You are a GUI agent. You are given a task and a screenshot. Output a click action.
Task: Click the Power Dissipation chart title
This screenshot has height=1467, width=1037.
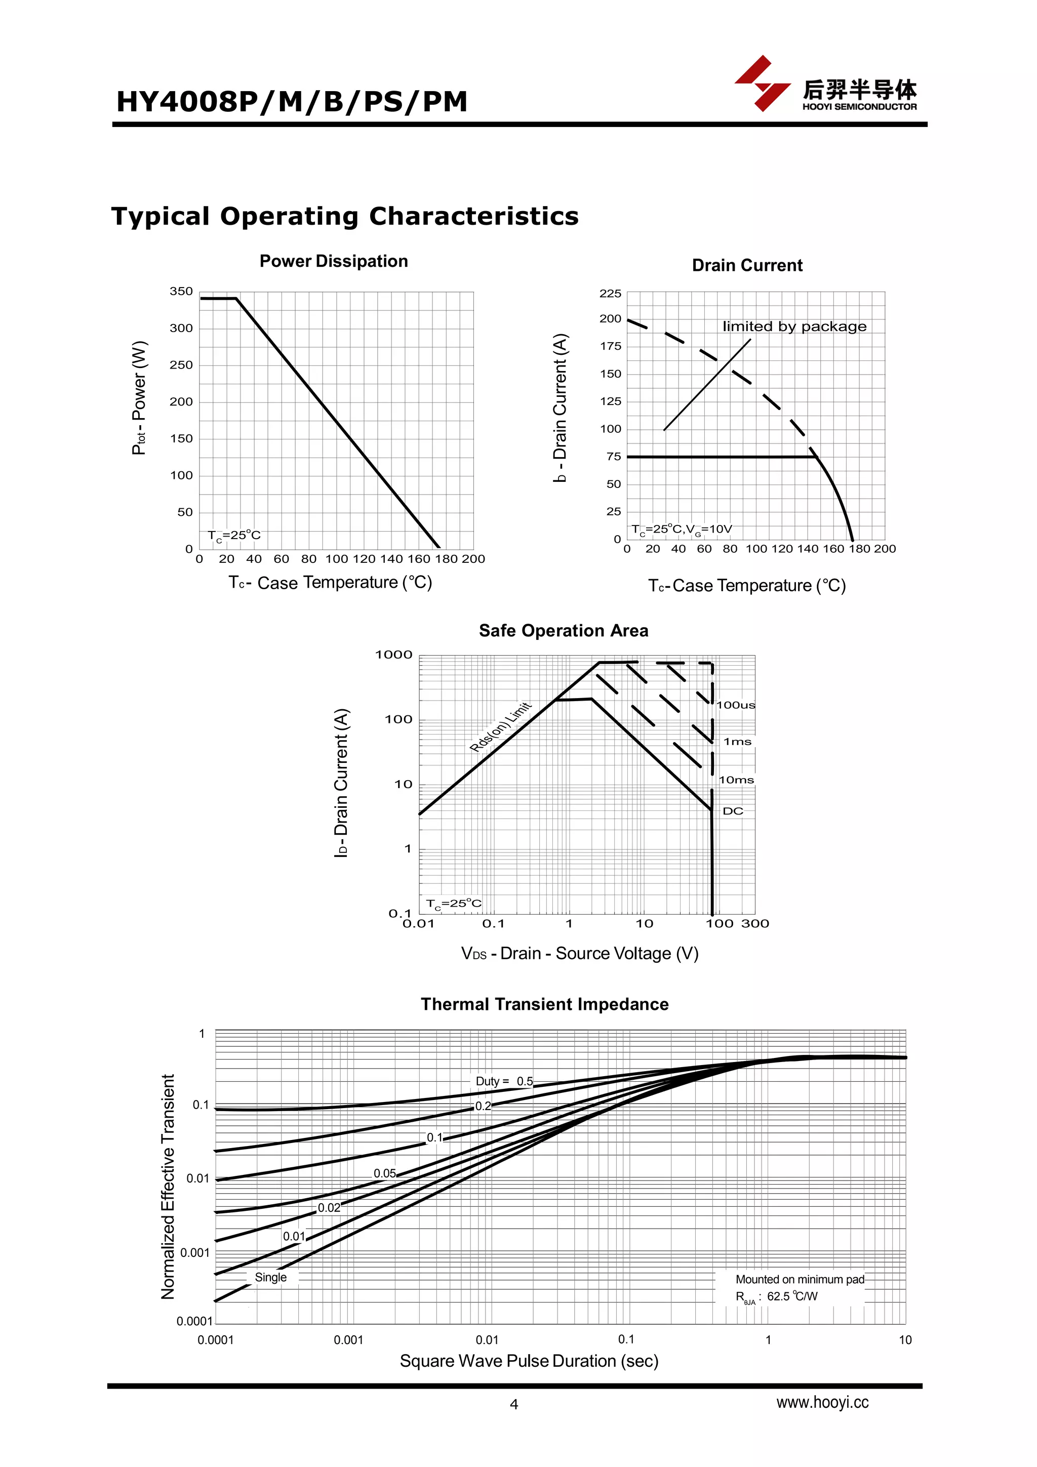334,261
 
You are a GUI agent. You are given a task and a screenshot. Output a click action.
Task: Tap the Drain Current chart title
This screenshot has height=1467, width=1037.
747,266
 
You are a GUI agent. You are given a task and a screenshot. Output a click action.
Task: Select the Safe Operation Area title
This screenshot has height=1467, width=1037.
564,631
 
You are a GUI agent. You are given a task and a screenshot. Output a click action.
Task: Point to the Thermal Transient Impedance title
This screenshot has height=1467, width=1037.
544,1004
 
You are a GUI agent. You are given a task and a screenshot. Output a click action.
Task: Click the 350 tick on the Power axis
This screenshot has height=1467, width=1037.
181,292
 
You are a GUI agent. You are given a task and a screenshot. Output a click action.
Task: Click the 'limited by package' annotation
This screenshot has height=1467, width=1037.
794,327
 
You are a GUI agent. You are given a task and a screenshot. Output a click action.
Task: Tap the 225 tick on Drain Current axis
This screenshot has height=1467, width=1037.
610,294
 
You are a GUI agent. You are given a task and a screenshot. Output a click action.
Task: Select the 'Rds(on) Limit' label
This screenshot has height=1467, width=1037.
500,727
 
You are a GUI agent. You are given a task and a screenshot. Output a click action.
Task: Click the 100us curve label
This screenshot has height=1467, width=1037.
735,705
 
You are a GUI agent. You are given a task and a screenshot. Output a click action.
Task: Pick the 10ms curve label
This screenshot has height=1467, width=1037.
736,780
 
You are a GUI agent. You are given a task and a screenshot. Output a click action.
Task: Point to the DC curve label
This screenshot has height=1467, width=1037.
733,811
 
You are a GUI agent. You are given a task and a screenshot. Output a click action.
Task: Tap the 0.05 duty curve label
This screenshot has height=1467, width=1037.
385,1173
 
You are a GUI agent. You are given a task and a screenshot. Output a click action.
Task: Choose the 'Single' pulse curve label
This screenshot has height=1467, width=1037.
270,1277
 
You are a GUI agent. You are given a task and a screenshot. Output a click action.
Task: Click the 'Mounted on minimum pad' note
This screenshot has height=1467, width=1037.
800,1279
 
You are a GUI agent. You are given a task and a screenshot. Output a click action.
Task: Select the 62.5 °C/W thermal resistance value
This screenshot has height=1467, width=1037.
792,1296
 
